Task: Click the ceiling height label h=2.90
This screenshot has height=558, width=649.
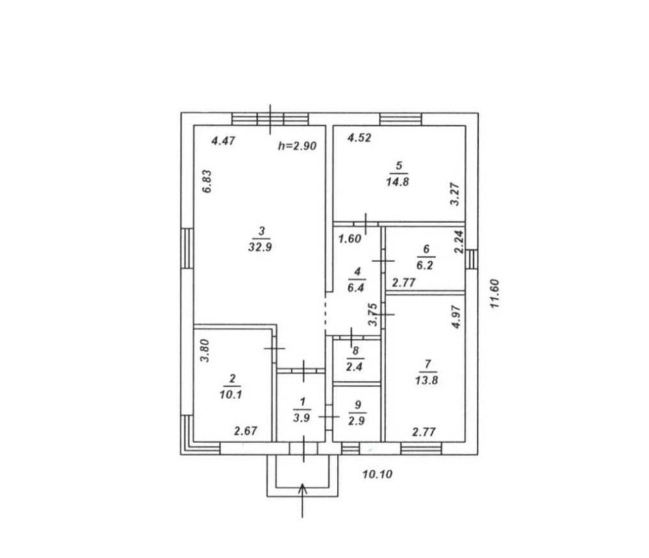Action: coord(297,146)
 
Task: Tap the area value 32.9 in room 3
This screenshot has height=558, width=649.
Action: coord(260,247)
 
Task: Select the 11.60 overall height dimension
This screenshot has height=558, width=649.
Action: coord(495,293)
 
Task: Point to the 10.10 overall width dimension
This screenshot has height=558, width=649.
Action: coord(377,474)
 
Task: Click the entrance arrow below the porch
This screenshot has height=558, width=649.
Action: coord(302,500)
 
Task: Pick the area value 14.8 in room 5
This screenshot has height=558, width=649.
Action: coord(397,182)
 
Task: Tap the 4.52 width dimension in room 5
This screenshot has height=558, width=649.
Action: coord(360,138)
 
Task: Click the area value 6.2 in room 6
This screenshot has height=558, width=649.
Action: coord(424,265)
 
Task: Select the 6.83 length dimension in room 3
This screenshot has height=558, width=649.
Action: coord(207,181)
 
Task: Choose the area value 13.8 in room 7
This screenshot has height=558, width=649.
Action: coord(427,380)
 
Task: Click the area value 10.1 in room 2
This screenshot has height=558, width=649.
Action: coord(230,394)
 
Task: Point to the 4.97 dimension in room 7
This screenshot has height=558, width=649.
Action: coord(456,317)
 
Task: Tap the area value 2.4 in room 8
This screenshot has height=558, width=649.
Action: coord(354,367)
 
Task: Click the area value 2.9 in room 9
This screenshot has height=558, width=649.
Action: coord(356,421)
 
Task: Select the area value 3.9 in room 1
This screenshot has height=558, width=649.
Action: coord(301,418)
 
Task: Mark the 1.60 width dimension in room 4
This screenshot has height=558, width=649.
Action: coord(350,239)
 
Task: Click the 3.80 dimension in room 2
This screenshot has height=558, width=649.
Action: coord(205,350)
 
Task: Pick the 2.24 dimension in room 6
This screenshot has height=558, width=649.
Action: coord(459,242)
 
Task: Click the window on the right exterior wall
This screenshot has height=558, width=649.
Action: coord(471,260)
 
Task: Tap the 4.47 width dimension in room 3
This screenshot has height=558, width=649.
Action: coord(223,141)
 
